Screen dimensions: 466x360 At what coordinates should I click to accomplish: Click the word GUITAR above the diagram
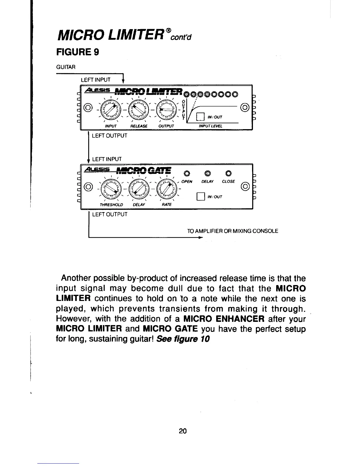click(x=66, y=67)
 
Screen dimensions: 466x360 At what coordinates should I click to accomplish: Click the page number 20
click(x=182, y=431)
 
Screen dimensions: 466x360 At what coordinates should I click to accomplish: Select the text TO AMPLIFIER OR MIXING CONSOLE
click(x=232, y=231)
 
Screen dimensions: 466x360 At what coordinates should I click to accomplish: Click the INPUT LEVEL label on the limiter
click(x=211, y=126)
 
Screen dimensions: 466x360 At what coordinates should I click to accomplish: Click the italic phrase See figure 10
click(x=183, y=339)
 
